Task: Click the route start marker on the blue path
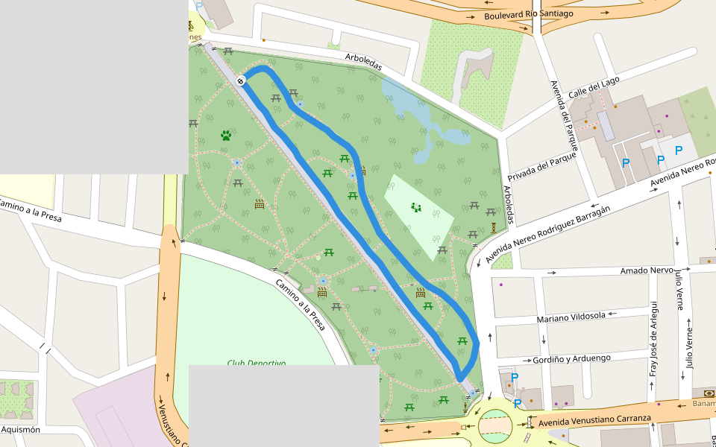click(241, 80)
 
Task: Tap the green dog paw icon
click(226, 136)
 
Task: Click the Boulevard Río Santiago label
click(528, 14)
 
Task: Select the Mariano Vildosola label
click(571, 317)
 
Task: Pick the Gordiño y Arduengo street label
click(571, 359)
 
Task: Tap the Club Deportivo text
click(257, 363)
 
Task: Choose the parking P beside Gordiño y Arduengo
click(514, 377)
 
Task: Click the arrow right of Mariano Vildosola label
click(614, 314)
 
